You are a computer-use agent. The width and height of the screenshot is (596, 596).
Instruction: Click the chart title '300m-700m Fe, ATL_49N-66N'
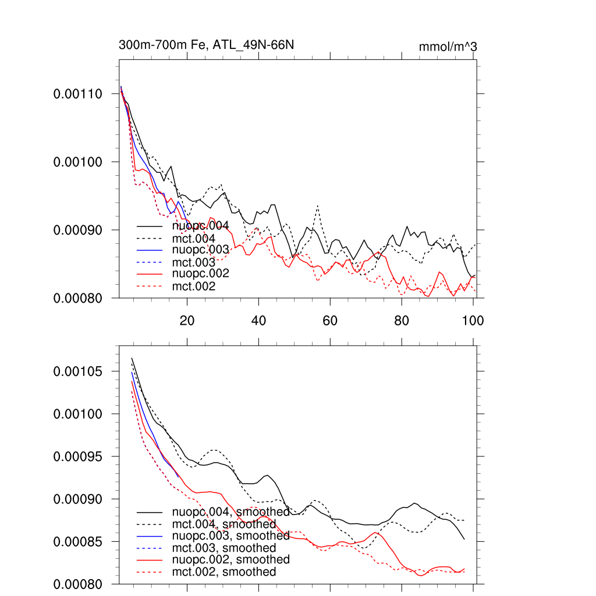tap(210, 45)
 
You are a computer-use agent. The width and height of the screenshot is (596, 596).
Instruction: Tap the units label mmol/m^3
tap(448, 47)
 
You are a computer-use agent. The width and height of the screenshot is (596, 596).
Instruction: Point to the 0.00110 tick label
tap(78, 94)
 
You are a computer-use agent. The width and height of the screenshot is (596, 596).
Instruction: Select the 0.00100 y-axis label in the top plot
tap(78, 162)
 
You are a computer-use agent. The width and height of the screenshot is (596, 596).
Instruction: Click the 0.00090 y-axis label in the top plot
tap(78, 230)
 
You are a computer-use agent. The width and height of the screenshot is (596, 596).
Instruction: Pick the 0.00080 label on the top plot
tap(78, 298)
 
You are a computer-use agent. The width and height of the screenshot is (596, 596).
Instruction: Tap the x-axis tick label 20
tap(187, 320)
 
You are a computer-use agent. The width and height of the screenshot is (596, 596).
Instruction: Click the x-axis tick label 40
tap(258, 320)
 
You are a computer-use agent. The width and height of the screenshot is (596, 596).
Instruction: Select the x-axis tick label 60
tap(330, 320)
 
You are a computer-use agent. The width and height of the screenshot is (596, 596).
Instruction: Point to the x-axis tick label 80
tap(402, 320)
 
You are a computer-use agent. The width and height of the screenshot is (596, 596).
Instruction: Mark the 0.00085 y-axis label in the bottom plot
tap(78, 542)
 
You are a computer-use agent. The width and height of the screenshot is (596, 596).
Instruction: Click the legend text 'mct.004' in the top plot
tap(194, 239)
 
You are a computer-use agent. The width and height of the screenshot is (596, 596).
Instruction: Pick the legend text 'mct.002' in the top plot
tap(194, 286)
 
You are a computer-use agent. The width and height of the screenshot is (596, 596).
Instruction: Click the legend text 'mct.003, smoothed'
tap(224, 548)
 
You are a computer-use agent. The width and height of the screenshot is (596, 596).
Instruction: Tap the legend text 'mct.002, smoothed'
tap(224, 572)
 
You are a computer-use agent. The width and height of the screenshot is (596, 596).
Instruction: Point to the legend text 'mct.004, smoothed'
tap(224, 524)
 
